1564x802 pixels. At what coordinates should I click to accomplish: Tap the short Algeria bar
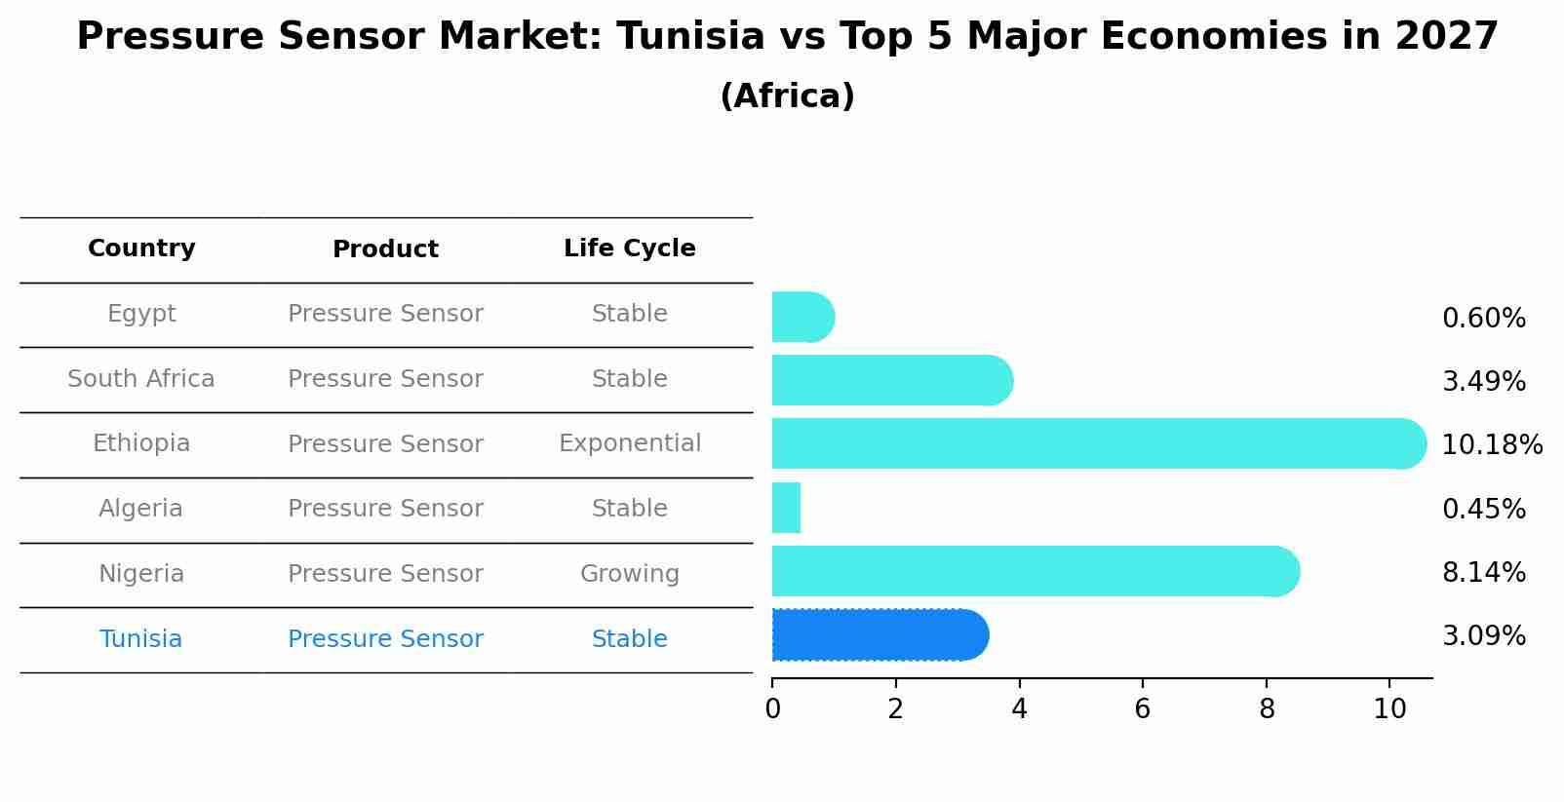pos(786,508)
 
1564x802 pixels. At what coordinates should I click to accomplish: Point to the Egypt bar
pos(802,317)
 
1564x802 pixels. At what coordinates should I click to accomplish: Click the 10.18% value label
pos(1492,445)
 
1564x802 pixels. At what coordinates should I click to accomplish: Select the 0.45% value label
pos(1483,509)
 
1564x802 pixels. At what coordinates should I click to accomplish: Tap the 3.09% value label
pos(1483,636)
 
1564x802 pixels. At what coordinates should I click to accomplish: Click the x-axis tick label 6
pos(1143,709)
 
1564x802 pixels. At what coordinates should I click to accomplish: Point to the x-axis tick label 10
pos(1389,709)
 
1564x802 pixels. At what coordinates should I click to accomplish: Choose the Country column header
pos(141,248)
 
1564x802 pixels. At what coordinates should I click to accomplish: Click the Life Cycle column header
pos(630,248)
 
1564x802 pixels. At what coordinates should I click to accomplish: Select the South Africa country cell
pos(141,379)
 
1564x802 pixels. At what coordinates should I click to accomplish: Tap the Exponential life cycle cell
pos(630,443)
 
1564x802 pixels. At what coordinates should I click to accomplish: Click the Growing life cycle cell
pos(630,574)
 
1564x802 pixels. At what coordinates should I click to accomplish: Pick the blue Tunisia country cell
pos(141,639)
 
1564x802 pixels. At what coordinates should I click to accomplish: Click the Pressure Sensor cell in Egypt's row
pos(385,314)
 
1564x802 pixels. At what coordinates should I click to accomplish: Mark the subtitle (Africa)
pos(787,96)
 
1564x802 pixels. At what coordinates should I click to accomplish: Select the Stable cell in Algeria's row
pos(630,509)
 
